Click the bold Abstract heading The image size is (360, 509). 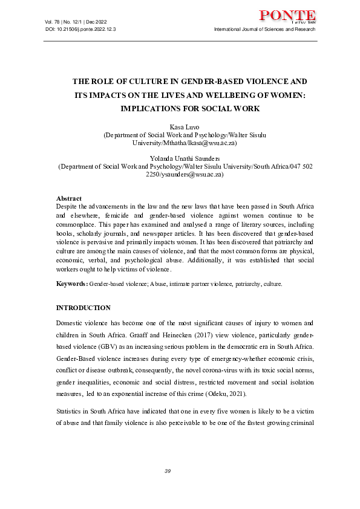click(69, 198)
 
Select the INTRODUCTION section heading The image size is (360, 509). click(83, 308)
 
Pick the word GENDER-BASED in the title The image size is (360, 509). click(203, 81)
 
